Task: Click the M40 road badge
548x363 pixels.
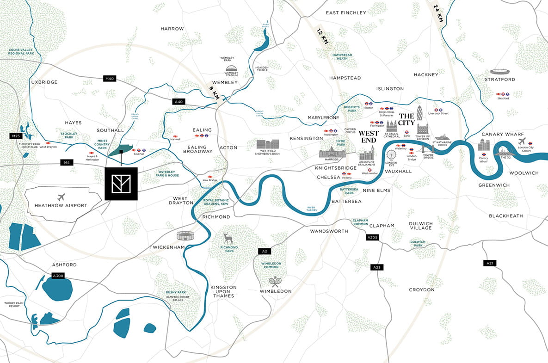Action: point(109,79)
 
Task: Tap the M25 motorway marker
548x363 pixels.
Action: point(16,136)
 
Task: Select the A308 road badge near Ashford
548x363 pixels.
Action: point(58,276)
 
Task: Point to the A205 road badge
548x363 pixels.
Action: point(372,237)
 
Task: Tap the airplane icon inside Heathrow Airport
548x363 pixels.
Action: point(61,197)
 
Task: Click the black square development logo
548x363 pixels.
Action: point(121,184)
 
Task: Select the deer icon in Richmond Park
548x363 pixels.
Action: point(228,238)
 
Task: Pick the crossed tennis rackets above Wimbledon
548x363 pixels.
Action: point(275,281)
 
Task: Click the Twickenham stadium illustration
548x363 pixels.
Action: point(186,236)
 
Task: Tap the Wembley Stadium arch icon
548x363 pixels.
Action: point(231,68)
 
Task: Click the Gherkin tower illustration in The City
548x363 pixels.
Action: point(420,114)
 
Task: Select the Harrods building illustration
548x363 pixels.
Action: point(332,153)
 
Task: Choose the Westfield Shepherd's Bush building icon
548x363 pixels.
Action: point(268,144)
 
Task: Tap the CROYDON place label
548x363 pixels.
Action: point(421,290)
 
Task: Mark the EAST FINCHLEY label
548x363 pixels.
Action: point(345,13)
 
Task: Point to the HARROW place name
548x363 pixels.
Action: point(172,29)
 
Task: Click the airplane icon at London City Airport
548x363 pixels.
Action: point(522,141)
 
